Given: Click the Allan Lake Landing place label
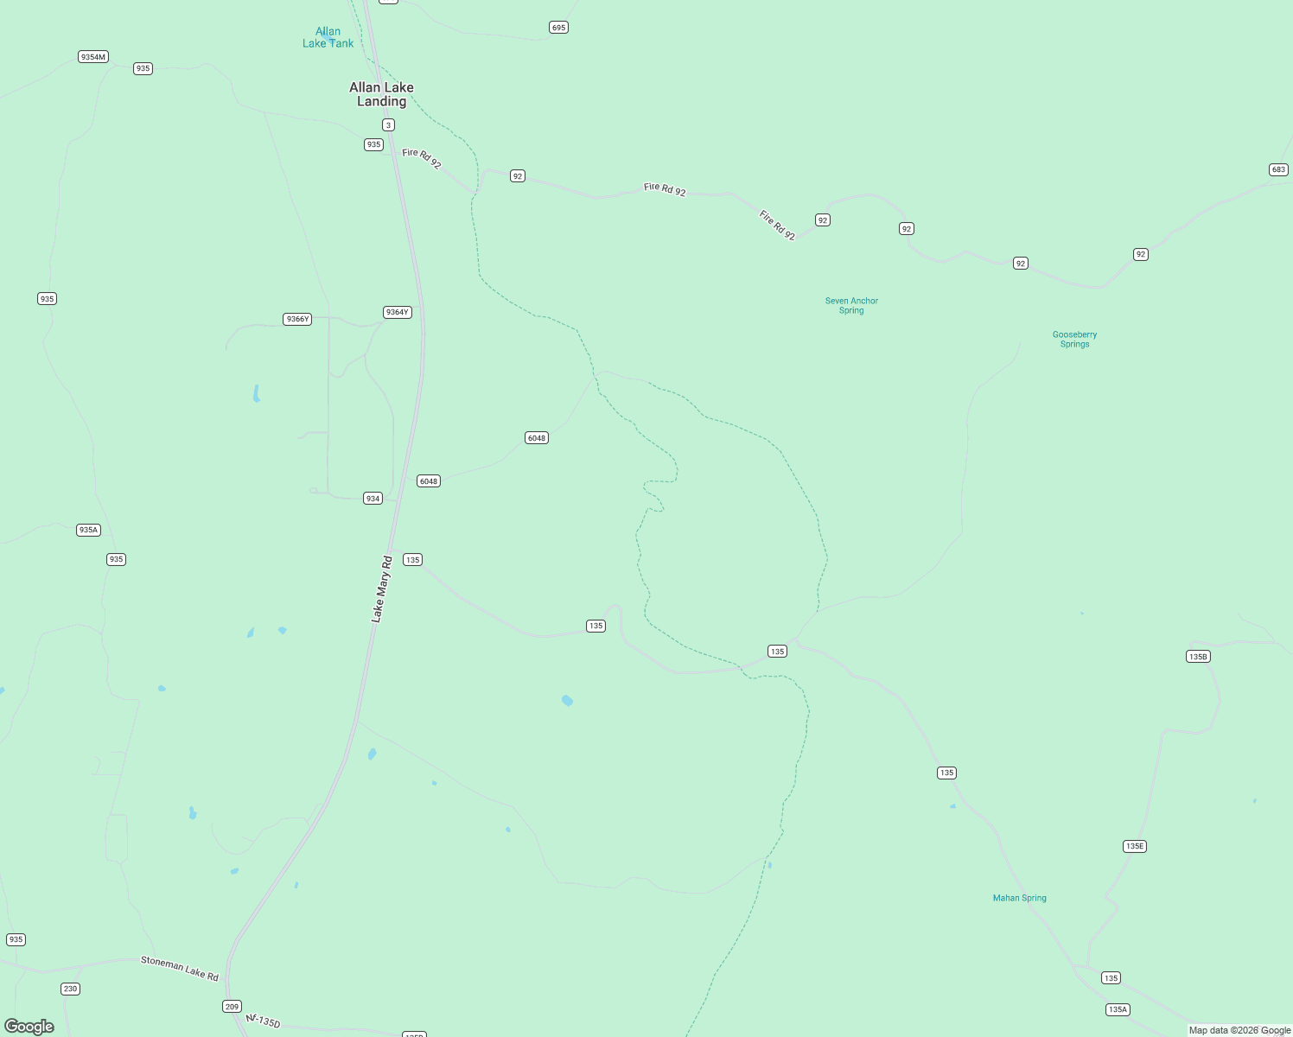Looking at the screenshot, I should pyautogui.click(x=381, y=94).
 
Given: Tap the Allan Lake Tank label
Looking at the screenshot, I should pyautogui.click(x=328, y=38).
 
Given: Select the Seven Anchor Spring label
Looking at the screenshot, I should pyautogui.click(x=851, y=306).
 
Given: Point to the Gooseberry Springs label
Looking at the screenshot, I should pyautogui.click(x=1074, y=340).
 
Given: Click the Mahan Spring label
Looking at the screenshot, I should pyautogui.click(x=1019, y=898).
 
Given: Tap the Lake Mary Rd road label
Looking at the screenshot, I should pyautogui.click(x=381, y=589).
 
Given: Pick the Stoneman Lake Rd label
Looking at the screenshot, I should pyautogui.click(x=180, y=969).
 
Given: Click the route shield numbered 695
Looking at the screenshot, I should pyautogui.click(x=558, y=28).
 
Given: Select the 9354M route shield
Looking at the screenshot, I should pyautogui.click(x=92, y=57).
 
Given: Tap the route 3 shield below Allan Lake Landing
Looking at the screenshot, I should pyautogui.click(x=389, y=125).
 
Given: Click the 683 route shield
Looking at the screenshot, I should pyautogui.click(x=1278, y=169).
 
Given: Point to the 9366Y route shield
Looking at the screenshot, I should pyautogui.click(x=296, y=319).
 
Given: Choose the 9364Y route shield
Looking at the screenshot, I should pyautogui.click(x=397, y=312).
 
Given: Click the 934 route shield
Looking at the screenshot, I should pyautogui.click(x=373, y=499).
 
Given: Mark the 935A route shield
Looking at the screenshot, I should pyautogui.click(x=88, y=530).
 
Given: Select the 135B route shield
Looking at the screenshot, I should pyautogui.click(x=1197, y=657).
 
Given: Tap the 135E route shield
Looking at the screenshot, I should pyautogui.click(x=1135, y=846).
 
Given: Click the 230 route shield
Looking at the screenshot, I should pyautogui.click(x=70, y=989).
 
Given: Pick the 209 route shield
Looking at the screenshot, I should pyautogui.click(x=232, y=1007).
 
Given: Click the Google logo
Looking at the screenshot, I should pyautogui.click(x=29, y=1027).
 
